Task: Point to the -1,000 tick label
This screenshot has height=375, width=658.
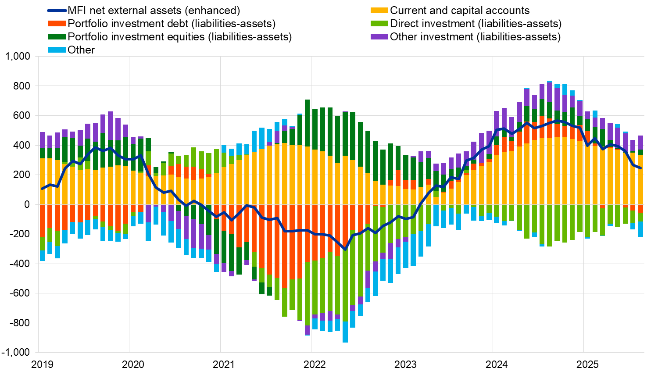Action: point(16,353)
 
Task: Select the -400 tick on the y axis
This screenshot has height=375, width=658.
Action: point(20,264)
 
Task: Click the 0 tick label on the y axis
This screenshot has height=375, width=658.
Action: point(27,204)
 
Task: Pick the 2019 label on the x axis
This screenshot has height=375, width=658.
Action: point(42,364)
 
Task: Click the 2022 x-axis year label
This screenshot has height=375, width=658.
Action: point(315,364)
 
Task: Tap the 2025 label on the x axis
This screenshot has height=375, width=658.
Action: point(587,364)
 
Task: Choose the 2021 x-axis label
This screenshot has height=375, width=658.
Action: point(224,364)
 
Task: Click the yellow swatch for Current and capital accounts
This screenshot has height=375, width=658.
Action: point(379,11)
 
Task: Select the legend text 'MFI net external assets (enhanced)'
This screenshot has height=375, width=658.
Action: point(154,11)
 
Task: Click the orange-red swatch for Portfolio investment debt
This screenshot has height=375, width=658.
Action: point(57,24)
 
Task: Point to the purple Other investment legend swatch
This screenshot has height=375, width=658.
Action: point(379,37)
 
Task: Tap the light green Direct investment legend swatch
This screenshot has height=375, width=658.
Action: point(379,24)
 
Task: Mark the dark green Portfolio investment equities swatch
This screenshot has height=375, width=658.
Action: point(57,37)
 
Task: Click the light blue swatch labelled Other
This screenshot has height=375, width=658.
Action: point(57,50)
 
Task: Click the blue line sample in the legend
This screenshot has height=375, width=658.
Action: point(57,11)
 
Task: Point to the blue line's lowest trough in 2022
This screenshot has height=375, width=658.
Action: point(345,250)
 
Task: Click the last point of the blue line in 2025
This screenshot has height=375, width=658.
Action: point(640,168)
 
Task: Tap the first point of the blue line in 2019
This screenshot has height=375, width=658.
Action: point(42,189)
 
